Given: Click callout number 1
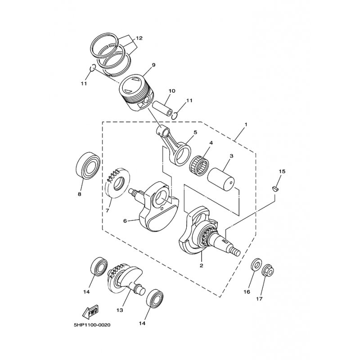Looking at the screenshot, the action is [x=246, y=124].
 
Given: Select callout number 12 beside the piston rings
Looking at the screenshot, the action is [x=139, y=38].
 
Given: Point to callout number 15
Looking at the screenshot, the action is [x=282, y=171].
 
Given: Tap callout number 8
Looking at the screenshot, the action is [x=79, y=194].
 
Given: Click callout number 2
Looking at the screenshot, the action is [x=201, y=265].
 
